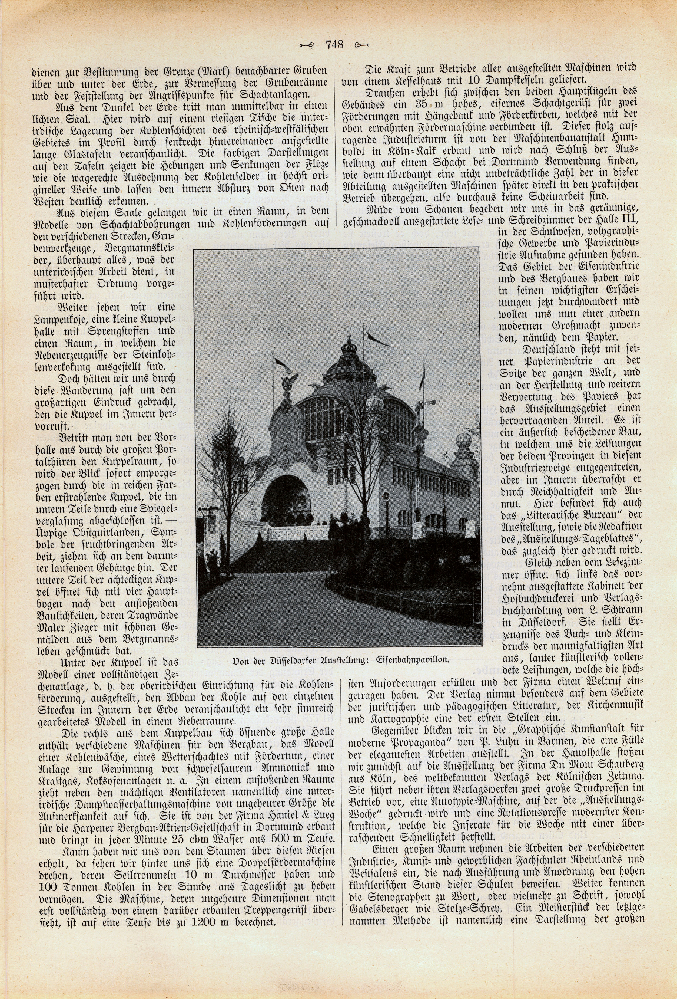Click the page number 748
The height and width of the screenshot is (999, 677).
tap(334, 44)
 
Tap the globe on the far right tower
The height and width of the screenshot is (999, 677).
tap(464, 442)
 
